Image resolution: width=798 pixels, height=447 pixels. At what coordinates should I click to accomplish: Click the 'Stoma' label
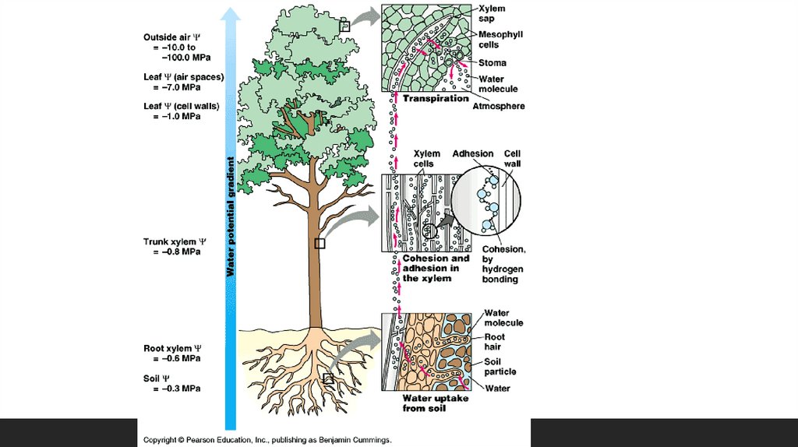pyautogui.click(x=492, y=63)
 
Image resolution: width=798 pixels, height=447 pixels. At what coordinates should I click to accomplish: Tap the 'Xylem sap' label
pyautogui.click(x=492, y=13)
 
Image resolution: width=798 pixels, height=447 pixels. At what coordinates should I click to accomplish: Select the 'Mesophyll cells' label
pyautogui.click(x=500, y=40)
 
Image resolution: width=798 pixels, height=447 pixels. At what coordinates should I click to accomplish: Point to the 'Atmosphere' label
pyautogui.click(x=498, y=106)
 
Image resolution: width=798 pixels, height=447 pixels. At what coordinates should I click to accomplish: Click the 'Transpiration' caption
pyautogui.click(x=435, y=99)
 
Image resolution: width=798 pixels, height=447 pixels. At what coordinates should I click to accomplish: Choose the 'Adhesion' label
pyautogui.click(x=473, y=154)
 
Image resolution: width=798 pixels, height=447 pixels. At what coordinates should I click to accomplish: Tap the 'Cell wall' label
pyautogui.click(x=512, y=159)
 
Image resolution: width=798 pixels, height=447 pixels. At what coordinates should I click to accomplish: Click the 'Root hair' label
pyautogui.click(x=495, y=343)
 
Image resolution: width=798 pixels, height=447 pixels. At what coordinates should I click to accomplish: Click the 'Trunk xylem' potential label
pyautogui.click(x=174, y=242)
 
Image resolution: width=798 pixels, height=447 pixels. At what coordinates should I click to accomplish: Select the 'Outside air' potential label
pyautogui.click(x=172, y=37)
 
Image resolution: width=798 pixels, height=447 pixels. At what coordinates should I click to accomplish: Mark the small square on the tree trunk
pyautogui.click(x=319, y=244)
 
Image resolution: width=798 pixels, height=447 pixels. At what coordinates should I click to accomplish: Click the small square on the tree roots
pyautogui.click(x=328, y=378)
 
